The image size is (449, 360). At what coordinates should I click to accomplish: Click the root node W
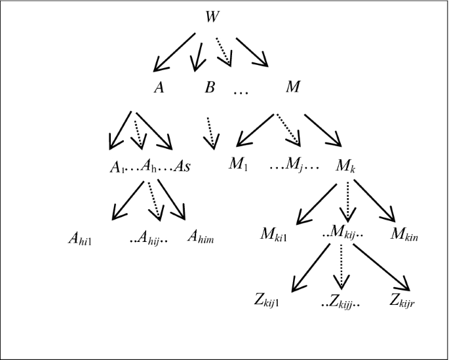point(210,16)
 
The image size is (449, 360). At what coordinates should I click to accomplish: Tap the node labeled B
point(210,87)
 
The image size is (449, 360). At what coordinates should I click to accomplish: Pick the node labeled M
point(292,87)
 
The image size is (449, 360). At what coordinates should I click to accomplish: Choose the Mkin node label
point(403,234)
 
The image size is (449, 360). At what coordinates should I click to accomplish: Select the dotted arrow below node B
point(210,132)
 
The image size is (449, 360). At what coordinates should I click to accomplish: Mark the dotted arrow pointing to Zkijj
point(340,269)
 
